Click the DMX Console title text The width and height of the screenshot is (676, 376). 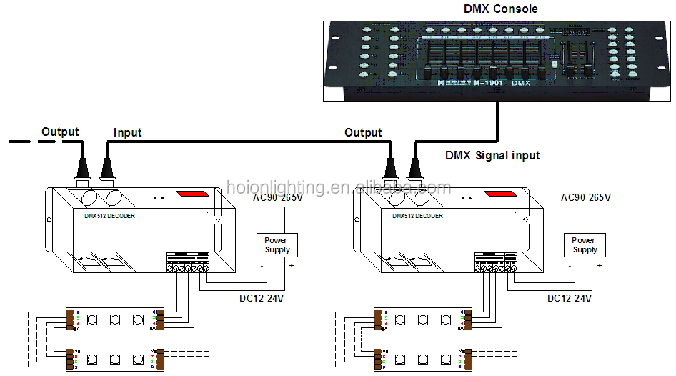(500, 9)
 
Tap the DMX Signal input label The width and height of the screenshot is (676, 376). (492, 155)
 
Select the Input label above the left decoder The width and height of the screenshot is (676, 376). (128, 132)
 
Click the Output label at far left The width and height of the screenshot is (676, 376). (60, 132)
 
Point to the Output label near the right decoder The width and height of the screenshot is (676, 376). (363, 132)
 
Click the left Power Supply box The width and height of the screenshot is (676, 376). (277, 244)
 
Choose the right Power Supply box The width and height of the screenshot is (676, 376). (585, 244)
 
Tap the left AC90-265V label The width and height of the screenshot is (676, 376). (278, 197)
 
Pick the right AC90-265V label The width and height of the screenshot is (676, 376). (586, 197)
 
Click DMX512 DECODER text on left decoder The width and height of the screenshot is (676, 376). (105, 215)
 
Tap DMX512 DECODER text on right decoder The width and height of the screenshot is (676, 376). (417, 215)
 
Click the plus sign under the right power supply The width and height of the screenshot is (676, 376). (599, 266)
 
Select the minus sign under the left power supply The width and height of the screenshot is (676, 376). (262, 266)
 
